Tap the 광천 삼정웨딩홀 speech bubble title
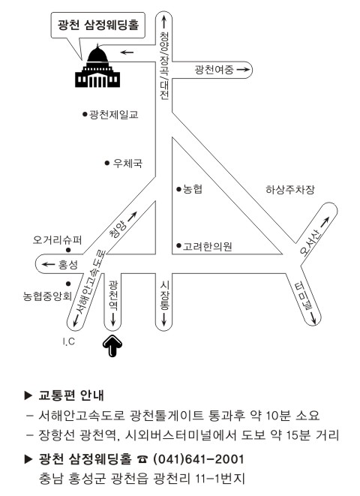pos(98,25)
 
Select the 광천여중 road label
pos(214,70)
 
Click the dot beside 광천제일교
pos(85,114)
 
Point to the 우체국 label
pos(127,164)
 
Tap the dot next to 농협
pos(179,190)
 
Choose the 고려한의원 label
pos(208,246)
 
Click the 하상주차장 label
pos(290,190)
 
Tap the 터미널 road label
pos(303,296)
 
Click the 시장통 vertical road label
pos(164,296)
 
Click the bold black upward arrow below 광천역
pos(112,346)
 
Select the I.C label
pos(68,341)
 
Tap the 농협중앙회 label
pos(47,296)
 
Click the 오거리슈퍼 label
pos(57,240)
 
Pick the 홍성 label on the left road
pos(67,264)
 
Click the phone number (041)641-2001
pos(198,459)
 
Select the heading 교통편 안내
pos(71,395)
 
